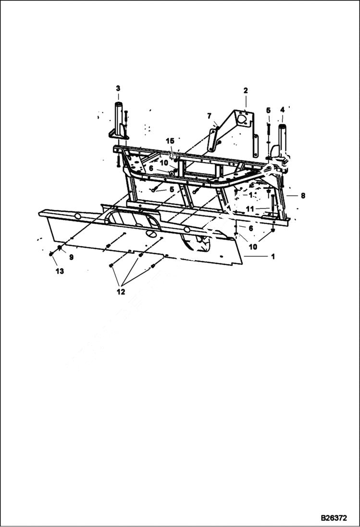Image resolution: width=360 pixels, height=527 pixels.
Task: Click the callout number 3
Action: [x=118, y=88]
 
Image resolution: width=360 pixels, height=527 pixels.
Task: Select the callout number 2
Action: [x=245, y=90]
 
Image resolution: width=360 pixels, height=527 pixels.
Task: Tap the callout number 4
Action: [x=282, y=110]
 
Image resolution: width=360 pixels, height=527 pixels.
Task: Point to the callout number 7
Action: [x=209, y=116]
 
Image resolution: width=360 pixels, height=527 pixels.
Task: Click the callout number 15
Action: [x=170, y=141]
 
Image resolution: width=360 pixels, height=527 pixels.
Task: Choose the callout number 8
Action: [x=303, y=196]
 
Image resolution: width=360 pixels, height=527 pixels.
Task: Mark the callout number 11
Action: [x=249, y=208]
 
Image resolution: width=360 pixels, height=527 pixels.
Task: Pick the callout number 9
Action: [x=71, y=257]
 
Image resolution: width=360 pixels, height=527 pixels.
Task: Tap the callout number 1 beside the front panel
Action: [x=273, y=257]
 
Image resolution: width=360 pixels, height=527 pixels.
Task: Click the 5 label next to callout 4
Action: [x=268, y=110]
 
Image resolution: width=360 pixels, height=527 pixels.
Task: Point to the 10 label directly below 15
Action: [x=164, y=162]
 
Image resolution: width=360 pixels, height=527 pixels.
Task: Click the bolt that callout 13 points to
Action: [x=51, y=254]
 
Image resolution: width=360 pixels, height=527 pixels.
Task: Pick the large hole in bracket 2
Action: [x=243, y=117]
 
